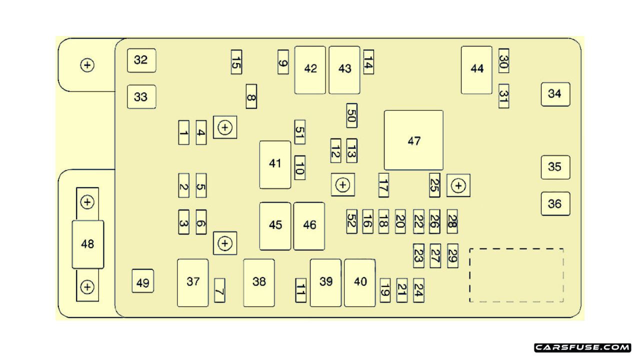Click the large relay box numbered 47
413,140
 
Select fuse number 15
236,62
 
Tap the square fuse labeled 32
141,60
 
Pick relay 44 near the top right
477,69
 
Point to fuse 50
351,115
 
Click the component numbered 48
88,244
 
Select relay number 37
193,282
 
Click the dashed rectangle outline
516,275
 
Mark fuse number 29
452,255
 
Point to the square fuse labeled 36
555,204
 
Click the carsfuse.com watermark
582,347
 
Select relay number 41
275,164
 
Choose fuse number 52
351,221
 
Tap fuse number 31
503,95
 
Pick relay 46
309,226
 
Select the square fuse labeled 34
555,94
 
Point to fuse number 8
251,96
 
